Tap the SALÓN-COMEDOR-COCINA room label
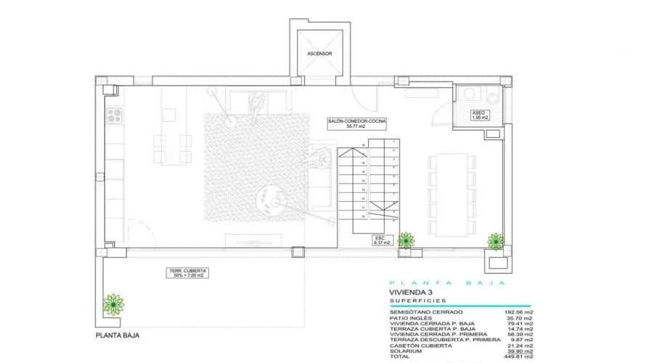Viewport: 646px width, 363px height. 356,122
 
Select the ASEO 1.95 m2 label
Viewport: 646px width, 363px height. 478,115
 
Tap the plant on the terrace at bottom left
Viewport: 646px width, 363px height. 113,303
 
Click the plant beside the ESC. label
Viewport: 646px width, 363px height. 405,240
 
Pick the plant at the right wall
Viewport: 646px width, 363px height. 496,240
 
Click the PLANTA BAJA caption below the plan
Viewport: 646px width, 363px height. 117,336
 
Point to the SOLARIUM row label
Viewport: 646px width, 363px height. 405,351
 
